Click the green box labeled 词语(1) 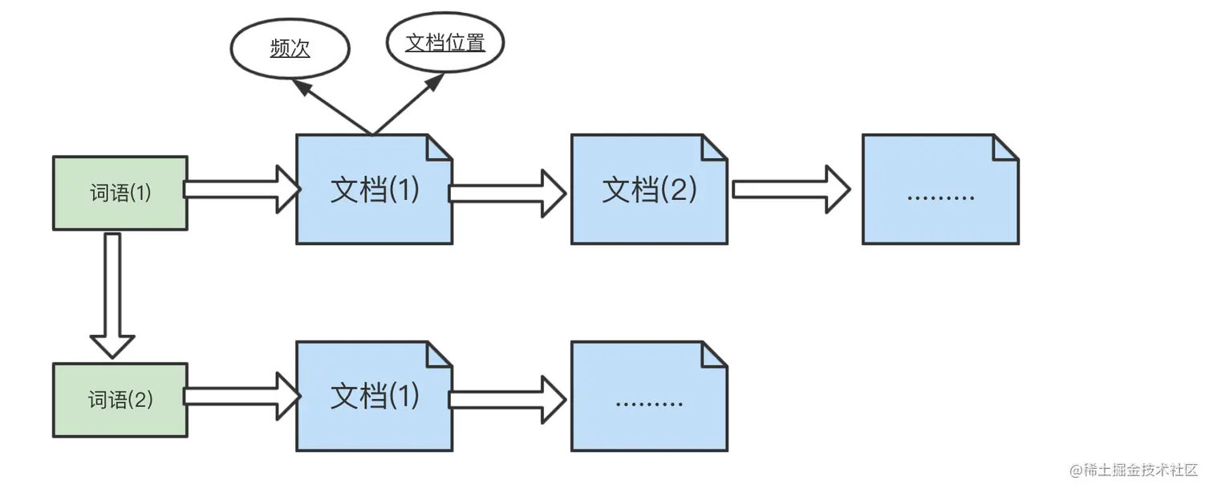(x=120, y=194)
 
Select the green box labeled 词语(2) (x=120, y=400)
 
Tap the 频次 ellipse (x=290, y=50)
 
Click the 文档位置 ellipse (x=445, y=43)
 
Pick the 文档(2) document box (x=649, y=190)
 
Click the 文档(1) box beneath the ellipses (x=374, y=190)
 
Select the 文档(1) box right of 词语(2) (x=374, y=397)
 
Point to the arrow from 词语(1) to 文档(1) (x=241, y=189)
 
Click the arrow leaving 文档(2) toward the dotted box (x=790, y=189)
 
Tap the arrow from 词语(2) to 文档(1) (x=241, y=396)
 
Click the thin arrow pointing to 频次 (x=331, y=106)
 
